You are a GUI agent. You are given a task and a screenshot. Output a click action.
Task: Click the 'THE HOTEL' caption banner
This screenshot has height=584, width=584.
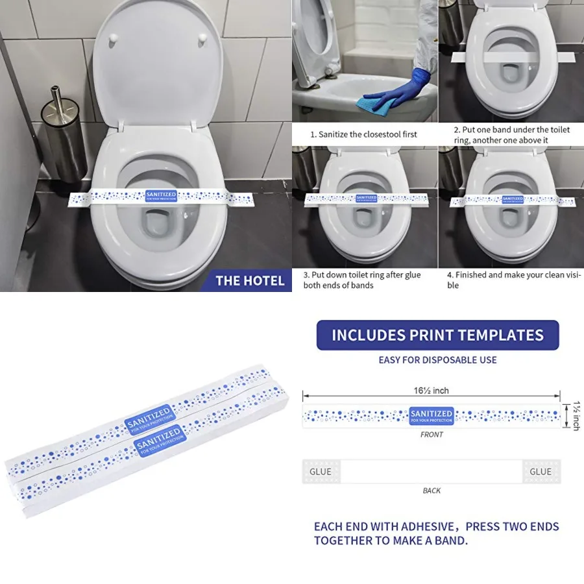pos(250,280)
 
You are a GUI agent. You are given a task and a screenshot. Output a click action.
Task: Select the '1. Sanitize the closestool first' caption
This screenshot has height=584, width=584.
pos(363,134)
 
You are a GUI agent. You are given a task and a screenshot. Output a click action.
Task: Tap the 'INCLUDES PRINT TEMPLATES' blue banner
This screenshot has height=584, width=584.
pos(437,335)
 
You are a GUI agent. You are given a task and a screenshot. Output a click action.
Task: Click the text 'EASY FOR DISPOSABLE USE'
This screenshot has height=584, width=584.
pos(437,360)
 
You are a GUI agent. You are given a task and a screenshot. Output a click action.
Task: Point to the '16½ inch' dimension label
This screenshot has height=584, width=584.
pos(431,391)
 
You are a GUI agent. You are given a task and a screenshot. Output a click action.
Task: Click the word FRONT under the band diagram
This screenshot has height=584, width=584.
pos(432,435)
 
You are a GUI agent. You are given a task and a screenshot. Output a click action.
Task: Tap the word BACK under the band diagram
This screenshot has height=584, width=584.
pos(432,491)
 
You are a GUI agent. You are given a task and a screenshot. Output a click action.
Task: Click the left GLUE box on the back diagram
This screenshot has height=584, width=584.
pos(321,472)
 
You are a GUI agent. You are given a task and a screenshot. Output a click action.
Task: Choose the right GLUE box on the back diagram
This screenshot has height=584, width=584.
pos(541,472)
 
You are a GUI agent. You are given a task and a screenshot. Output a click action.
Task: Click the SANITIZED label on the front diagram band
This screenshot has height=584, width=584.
pos(432,415)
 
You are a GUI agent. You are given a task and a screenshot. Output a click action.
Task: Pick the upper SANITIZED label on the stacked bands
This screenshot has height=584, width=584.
pos(150,419)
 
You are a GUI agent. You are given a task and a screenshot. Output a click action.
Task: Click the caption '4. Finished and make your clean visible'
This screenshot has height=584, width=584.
pos(513,280)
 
